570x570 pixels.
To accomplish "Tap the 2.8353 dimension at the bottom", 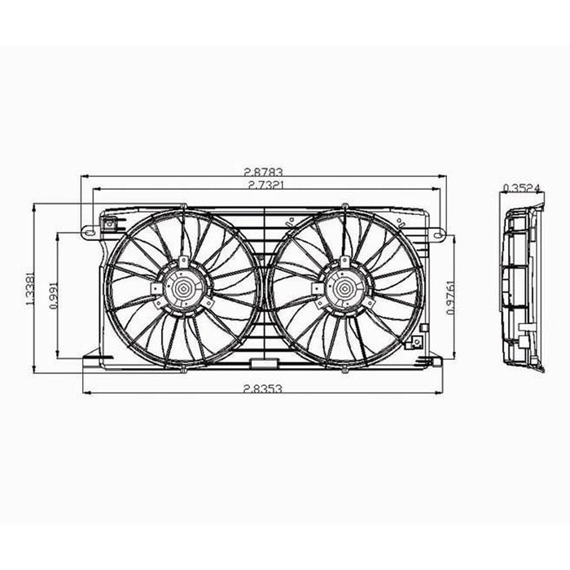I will click(x=261, y=389).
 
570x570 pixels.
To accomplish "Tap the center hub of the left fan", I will click(x=183, y=288).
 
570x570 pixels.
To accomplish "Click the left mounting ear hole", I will click(x=85, y=233).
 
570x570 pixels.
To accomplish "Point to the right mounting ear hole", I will click(x=440, y=235).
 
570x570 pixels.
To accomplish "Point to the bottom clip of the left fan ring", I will click(x=183, y=368).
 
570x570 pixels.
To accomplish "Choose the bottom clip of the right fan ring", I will click(x=344, y=368).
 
